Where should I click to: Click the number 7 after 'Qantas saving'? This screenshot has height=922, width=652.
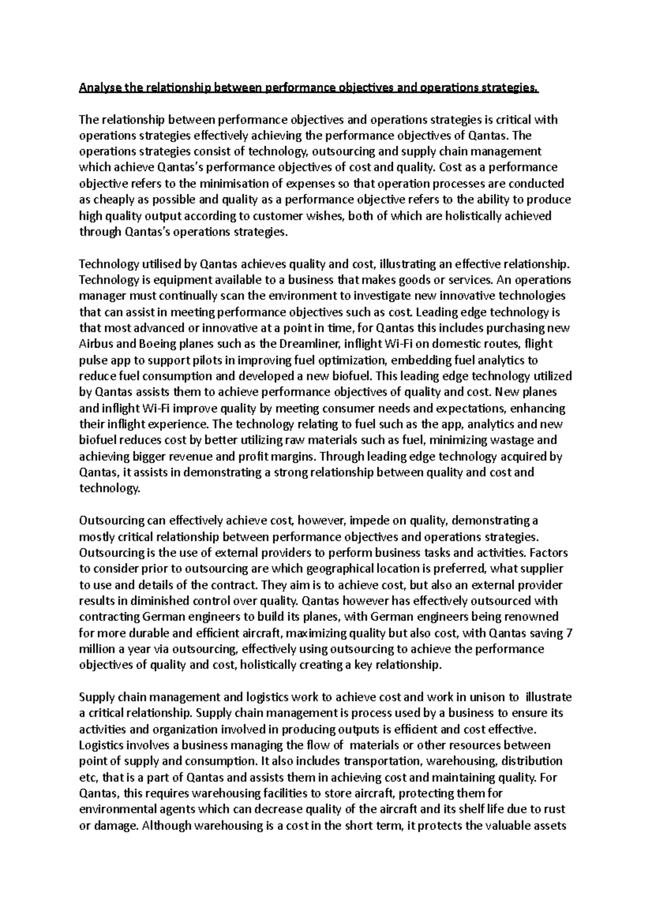tap(569, 633)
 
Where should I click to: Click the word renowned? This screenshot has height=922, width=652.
tap(531, 617)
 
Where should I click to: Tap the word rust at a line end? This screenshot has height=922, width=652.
tap(551, 809)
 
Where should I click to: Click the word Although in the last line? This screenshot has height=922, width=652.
tap(164, 825)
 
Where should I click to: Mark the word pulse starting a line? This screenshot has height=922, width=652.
tap(92, 361)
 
